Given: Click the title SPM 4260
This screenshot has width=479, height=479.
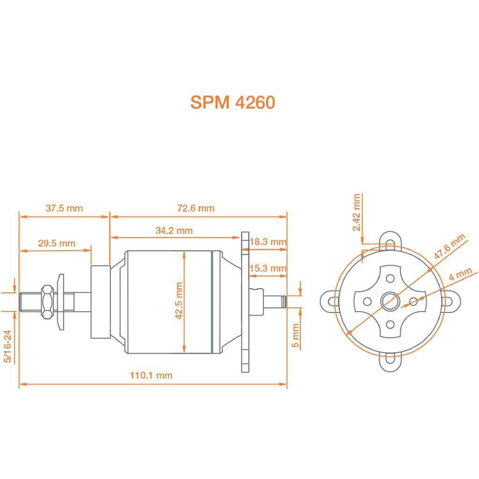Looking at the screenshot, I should click(232, 102).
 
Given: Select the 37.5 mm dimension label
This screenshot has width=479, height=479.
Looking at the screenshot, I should click(64, 208).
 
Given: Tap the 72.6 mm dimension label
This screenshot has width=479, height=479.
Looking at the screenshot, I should click(196, 208).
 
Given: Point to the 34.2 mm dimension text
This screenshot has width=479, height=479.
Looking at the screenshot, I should click(174, 231).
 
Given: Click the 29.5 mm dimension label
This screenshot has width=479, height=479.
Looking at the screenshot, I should click(57, 243).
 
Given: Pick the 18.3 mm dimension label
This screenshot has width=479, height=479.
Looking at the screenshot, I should click(268, 242).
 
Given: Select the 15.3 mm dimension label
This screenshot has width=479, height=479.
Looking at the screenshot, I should click(268, 269).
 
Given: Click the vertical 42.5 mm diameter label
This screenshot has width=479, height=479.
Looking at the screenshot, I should click(178, 301).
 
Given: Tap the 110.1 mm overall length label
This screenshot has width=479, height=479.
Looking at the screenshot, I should click(151, 375).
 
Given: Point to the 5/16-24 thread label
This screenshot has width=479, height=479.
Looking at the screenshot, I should click(7, 346).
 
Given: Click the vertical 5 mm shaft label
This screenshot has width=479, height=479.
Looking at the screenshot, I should click(295, 335).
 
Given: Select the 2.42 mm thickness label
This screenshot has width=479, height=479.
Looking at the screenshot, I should click(357, 212).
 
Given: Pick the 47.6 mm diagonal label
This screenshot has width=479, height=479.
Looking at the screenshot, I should click(450, 247).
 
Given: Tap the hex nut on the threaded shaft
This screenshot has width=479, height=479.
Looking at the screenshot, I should click(47, 302).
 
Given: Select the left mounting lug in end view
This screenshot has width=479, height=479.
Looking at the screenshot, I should click(329, 301).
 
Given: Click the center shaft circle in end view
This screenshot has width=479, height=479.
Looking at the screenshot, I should click(389, 301).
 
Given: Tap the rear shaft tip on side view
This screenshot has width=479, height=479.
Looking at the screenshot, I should click(282, 302).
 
